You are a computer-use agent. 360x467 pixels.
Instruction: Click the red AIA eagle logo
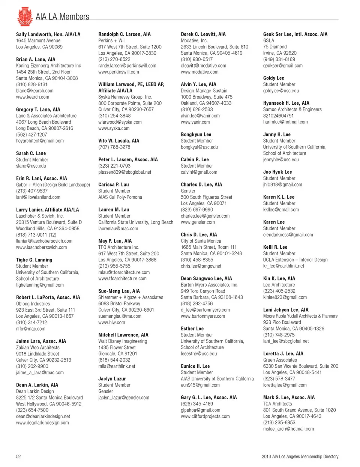point(25,17)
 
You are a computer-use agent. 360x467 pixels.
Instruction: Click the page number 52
point(18,456)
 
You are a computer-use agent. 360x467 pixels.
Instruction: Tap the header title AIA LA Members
point(62,17)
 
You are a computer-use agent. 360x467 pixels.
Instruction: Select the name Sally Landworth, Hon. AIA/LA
point(48,34)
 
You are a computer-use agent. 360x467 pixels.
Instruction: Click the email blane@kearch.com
point(34,91)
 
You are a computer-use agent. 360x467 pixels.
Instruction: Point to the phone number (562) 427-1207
point(31,135)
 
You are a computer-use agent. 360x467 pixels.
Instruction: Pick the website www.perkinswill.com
point(118,72)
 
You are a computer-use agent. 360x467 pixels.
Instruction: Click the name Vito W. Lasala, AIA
point(118,141)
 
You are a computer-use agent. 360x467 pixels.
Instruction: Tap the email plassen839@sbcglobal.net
point(125,172)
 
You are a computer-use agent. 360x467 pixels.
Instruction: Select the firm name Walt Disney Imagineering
point(123,341)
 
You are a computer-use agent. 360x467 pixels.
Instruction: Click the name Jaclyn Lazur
point(112,379)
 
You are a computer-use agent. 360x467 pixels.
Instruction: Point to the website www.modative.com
point(199,72)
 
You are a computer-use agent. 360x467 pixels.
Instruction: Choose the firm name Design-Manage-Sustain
point(204,91)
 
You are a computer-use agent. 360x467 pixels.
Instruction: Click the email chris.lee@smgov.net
point(201,266)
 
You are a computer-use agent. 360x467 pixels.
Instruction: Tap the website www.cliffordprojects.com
point(205,416)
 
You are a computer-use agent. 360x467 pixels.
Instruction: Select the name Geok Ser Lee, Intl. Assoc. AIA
point(295,34)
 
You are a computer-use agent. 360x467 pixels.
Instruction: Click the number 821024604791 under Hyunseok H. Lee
point(278,116)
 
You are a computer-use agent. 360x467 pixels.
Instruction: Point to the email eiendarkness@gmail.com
point(288,235)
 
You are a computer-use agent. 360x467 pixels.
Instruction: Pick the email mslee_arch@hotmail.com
point(288,429)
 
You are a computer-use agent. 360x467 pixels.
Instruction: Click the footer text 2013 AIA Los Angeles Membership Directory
point(300,456)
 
